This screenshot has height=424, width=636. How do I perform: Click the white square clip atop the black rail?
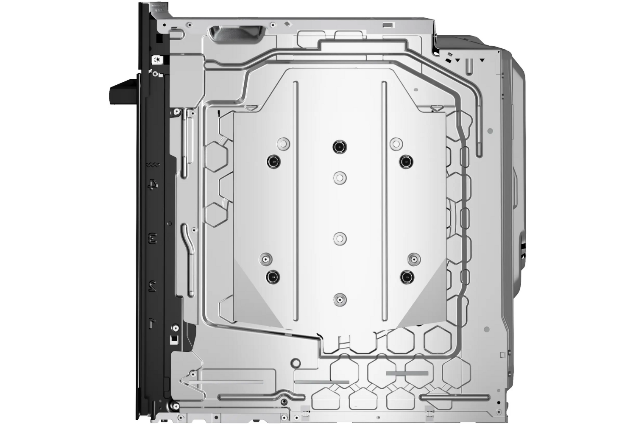click(x=157, y=60)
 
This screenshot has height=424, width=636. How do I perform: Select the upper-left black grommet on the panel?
click(x=273, y=161)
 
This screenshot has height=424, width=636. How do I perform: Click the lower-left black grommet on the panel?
click(x=273, y=277)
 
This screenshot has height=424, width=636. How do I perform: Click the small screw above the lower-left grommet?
click(x=266, y=258)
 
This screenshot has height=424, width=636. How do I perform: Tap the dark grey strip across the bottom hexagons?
click(x=407, y=373)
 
